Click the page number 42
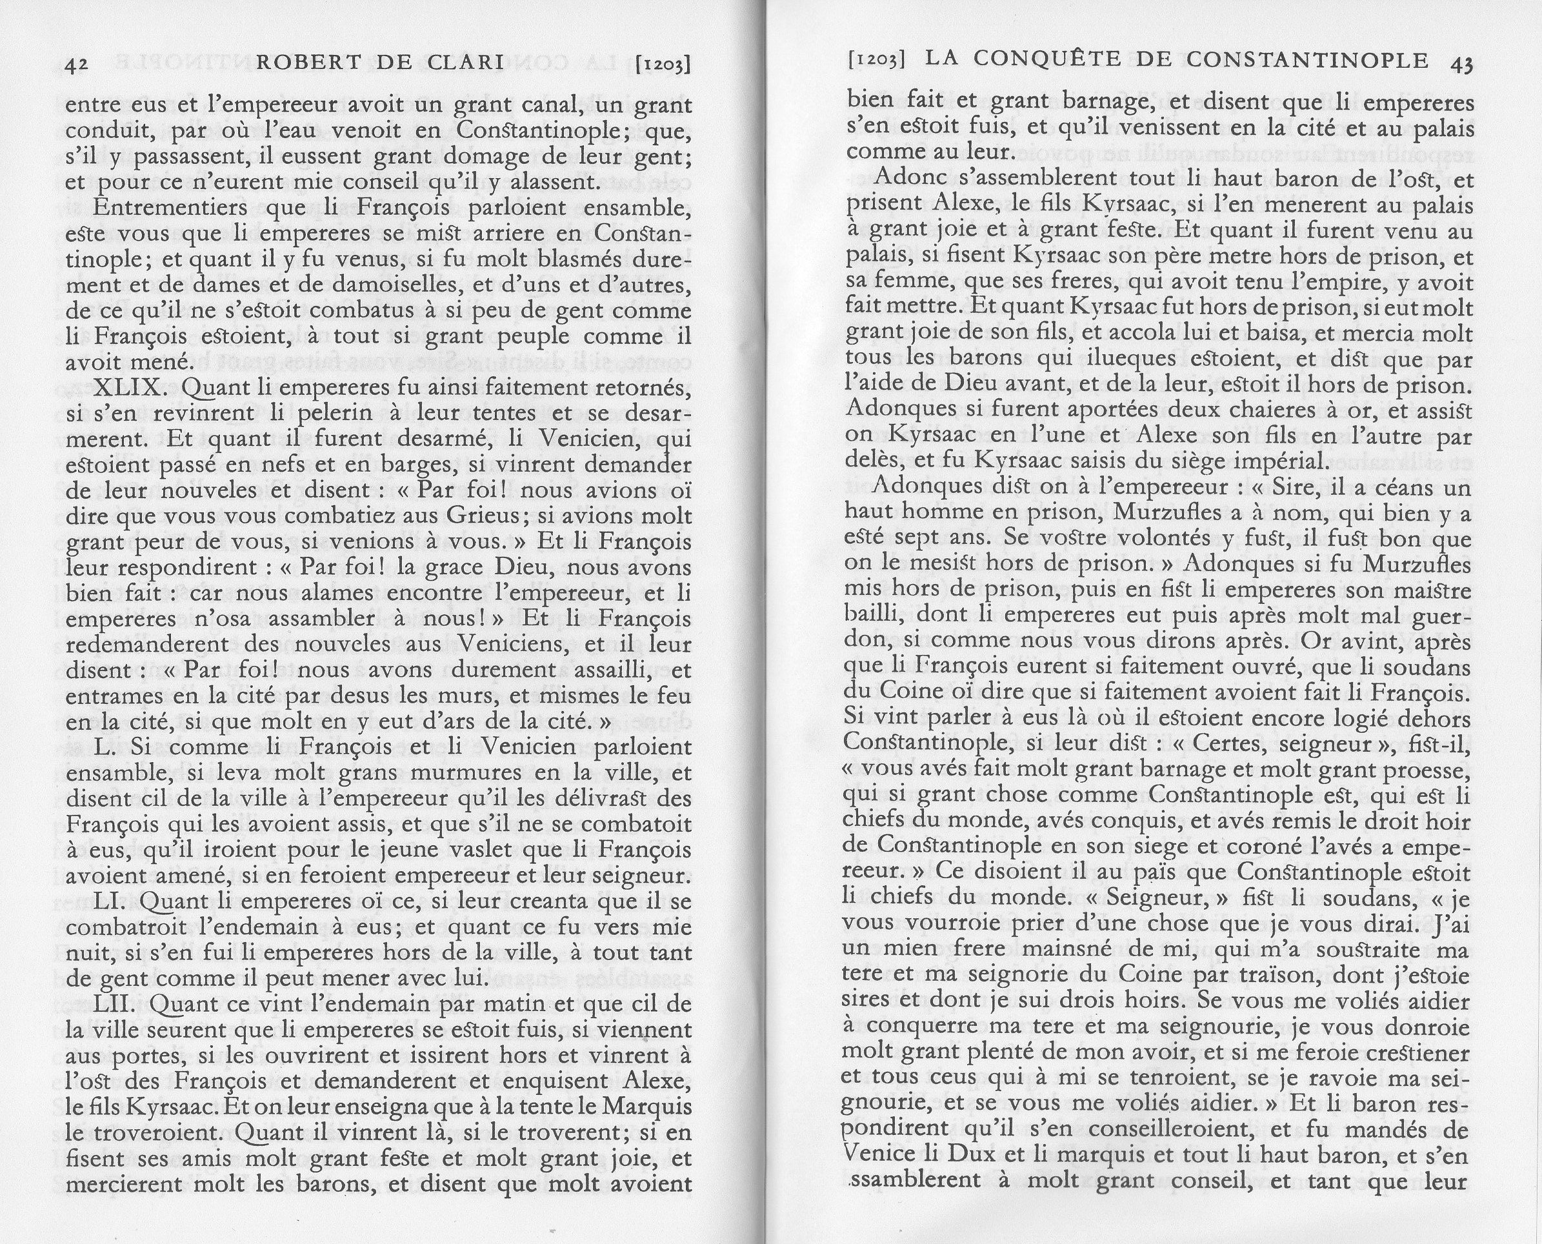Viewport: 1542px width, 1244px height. click(76, 65)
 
